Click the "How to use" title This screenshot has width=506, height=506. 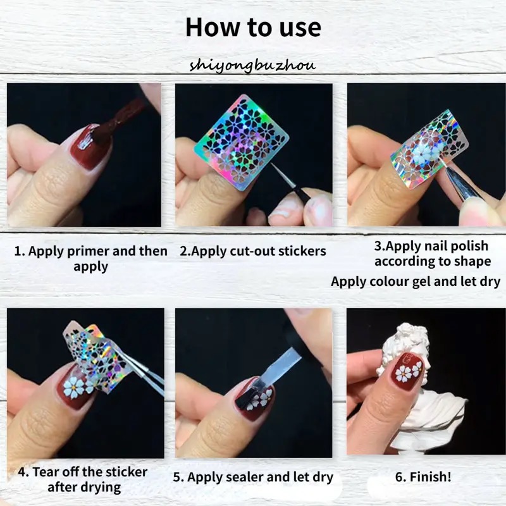[x=254, y=27]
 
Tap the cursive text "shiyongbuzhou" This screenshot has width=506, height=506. [x=252, y=66]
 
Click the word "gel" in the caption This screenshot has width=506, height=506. [x=421, y=282]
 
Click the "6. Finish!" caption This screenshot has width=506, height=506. [x=423, y=477]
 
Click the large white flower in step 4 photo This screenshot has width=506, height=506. [x=73, y=387]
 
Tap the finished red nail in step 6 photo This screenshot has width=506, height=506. [x=407, y=371]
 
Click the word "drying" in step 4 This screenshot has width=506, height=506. [x=101, y=488]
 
